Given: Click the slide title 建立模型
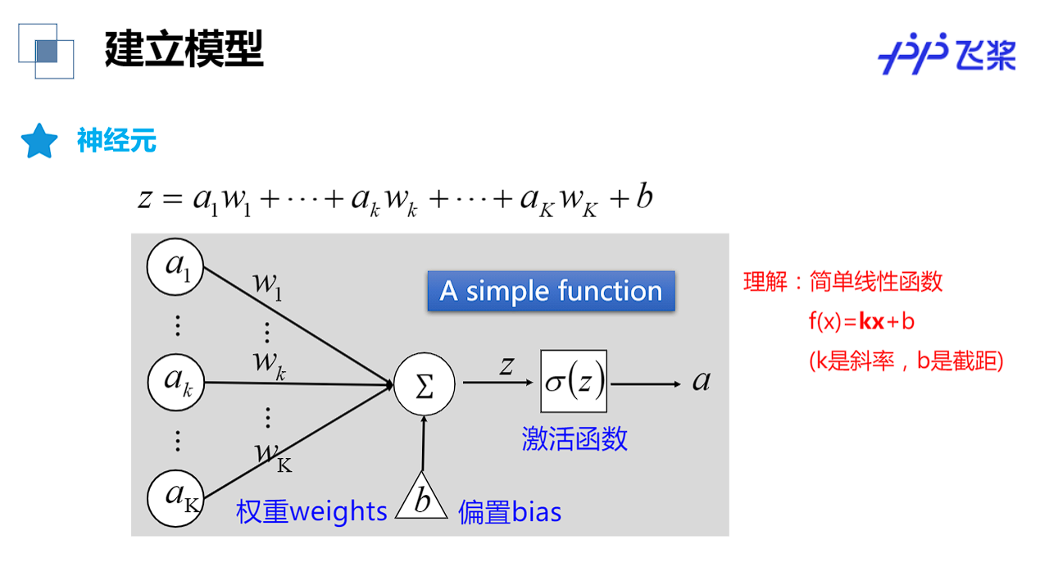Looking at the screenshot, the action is click(184, 49).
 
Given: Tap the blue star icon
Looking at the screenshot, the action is click(39, 142).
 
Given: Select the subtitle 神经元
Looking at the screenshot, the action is click(116, 141).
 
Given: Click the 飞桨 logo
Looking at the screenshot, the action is click(947, 54).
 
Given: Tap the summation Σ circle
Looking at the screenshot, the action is click(424, 384).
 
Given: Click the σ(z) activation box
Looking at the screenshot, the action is click(574, 381).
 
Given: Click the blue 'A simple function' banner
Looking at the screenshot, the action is click(551, 291).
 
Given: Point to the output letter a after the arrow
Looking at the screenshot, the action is click(702, 381).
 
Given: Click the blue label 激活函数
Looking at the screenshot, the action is click(574, 438).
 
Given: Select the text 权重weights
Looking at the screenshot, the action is click(311, 511).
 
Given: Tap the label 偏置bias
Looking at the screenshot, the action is click(510, 512).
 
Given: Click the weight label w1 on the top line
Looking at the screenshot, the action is click(267, 284).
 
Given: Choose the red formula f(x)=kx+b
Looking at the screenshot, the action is click(861, 321).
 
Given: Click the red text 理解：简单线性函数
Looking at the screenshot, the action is click(842, 282).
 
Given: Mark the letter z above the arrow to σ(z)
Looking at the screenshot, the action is click(507, 365).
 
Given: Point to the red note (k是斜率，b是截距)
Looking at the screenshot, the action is click(906, 361).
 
